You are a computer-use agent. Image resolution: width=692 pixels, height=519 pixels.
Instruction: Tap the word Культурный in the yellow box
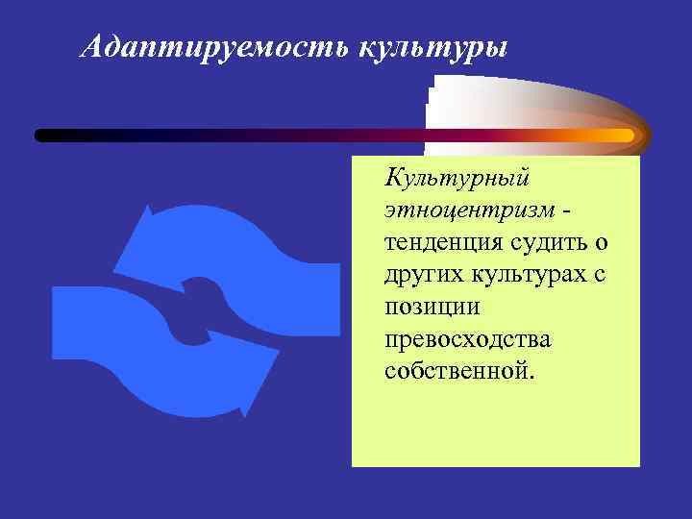pos(457,177)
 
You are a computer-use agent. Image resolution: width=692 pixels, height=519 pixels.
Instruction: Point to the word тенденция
pos(443,240)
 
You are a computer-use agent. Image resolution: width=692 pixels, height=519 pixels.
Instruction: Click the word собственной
pos(457,369)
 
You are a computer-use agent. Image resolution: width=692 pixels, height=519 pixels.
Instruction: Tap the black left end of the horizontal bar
pos(44,136)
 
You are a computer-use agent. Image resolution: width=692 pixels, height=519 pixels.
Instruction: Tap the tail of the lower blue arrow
pos(72,322)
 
